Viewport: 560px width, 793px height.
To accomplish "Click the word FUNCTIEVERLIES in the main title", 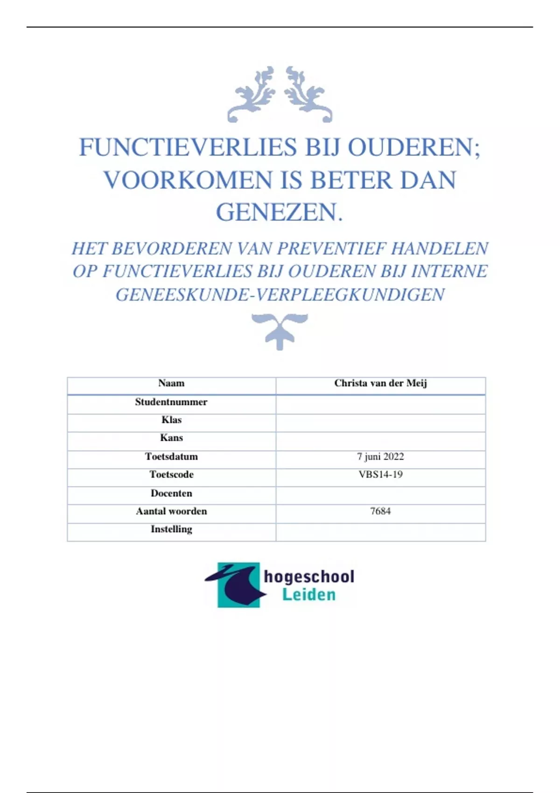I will point(188,147).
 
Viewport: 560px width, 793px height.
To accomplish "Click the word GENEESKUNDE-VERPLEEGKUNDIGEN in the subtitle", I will point(280,295).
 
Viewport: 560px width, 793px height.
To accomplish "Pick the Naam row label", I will point(171,383).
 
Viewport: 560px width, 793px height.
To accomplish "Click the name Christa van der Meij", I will point(380,383).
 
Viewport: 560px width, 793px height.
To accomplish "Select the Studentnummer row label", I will point(171,402).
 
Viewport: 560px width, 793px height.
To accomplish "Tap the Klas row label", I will point(171,420).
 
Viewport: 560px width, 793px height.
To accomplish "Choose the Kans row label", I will point(171,438).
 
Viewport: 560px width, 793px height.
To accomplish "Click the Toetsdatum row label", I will point(171,457).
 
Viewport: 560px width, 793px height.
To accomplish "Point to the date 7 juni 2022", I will point(380,457).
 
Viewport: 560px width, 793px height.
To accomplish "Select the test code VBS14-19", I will point(380,474).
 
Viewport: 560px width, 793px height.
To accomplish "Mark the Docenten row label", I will point(171,493).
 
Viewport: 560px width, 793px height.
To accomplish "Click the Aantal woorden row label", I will point(171,511).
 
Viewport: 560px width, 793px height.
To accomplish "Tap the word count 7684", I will point(380,511).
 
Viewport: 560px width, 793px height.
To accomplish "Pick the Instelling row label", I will point(171,529).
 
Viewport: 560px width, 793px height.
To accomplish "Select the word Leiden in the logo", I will point(309,595).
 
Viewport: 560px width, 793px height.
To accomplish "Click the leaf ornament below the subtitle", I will point(280,330).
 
